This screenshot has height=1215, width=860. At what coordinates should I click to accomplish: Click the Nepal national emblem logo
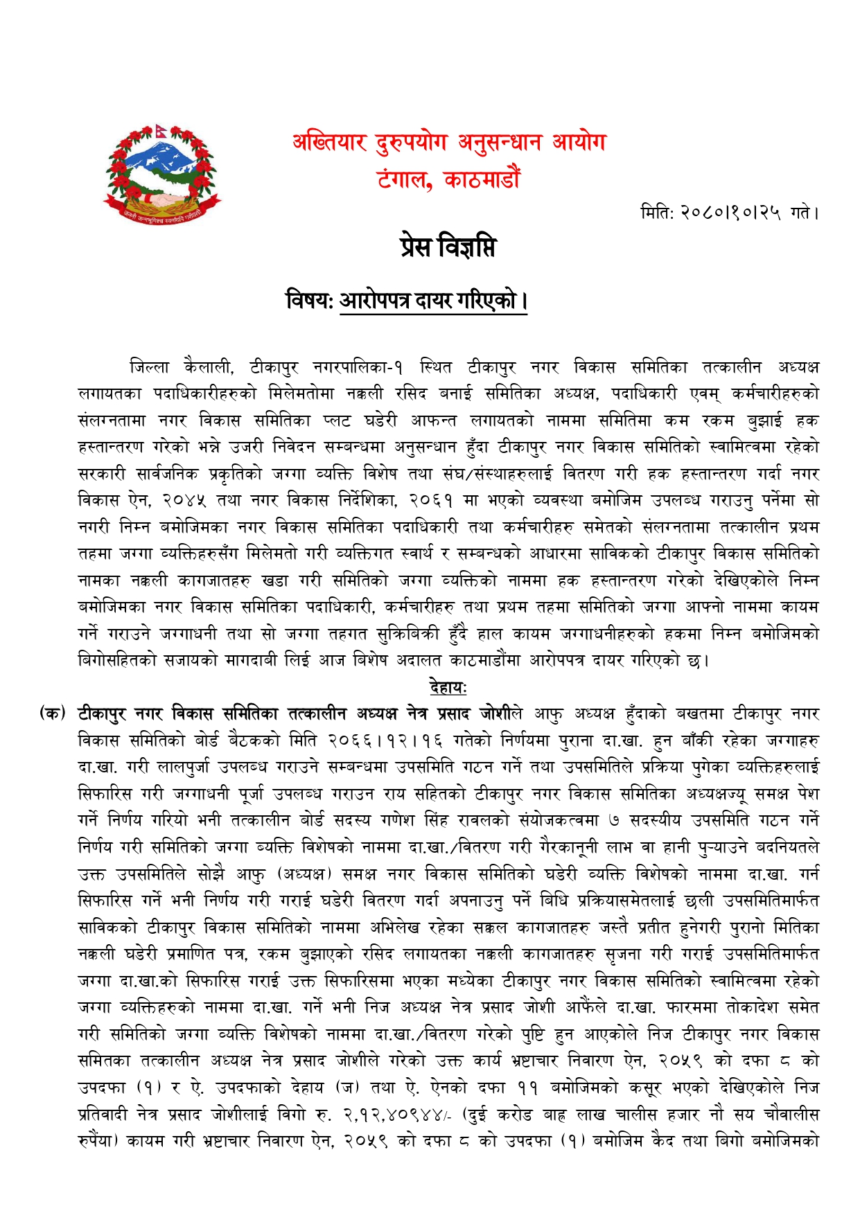click(x=161, y=175)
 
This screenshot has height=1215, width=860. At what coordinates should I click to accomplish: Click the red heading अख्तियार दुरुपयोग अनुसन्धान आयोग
click(x=449, y=143)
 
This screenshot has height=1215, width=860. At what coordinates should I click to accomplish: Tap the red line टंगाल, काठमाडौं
click(x=448, y=180)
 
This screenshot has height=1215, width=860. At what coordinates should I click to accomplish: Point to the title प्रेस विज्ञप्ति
click(x=448, y=247)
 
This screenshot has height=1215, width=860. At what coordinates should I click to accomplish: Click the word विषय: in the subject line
click(x=310, y=301)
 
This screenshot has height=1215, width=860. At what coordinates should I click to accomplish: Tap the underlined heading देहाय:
click(x=448, y=687)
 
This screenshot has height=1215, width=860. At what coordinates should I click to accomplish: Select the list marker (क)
click(x=53, y=713)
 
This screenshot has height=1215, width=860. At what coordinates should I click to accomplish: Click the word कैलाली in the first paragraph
click(x=209, y=367)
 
